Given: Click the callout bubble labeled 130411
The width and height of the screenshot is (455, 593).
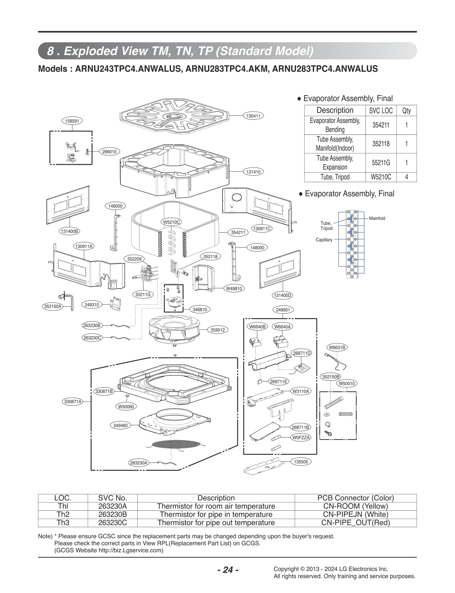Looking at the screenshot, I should (x=253, y=116).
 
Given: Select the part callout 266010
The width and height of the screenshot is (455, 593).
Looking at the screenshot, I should (x=109, y=152).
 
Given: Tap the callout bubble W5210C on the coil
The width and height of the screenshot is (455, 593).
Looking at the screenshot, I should (x=171, y=222).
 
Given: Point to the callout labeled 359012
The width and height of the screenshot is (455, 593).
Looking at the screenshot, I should (x=217, y=330).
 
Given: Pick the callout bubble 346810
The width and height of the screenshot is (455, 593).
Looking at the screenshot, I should (x=200, y=309).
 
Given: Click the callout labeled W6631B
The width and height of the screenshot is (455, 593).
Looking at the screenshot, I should (x=337, y=347).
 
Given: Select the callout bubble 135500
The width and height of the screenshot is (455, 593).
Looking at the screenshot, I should (x=301, y=462).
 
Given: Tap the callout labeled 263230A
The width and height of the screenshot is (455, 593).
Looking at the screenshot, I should (x=138, y=463).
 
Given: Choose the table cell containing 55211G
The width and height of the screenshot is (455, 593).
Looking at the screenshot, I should (x=380, y=163).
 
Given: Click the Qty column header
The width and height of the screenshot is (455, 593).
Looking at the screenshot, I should (x=406, y=110).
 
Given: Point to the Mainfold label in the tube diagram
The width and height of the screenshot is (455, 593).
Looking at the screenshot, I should (x=377, y=218).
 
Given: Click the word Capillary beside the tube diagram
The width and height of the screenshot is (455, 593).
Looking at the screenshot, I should (x=324, y=240).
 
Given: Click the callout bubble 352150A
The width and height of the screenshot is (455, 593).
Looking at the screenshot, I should (x=53, y=306).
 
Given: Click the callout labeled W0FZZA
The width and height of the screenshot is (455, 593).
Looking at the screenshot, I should (x=301, y=438).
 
